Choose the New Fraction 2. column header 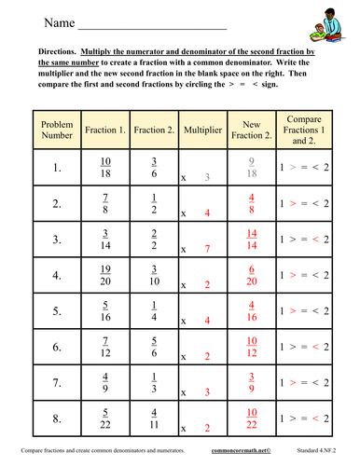pyautogui.click(x=250, y=130)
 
